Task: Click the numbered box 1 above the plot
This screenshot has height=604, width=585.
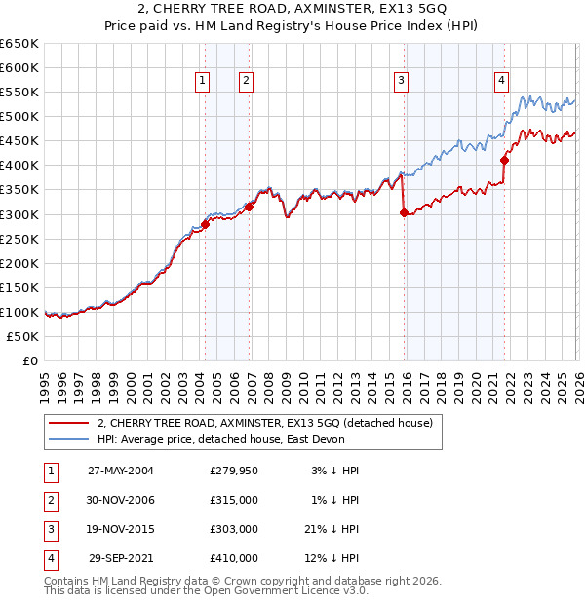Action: pos(202,81)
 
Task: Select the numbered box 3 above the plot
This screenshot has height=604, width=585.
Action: pos(401,81)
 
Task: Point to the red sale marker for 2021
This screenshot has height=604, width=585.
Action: pos(504,161)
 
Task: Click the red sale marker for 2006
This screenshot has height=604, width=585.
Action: pos(250,207)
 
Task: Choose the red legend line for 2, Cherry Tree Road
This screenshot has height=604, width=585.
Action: pos(68,423)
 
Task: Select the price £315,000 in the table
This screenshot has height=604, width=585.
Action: pos(233,500)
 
